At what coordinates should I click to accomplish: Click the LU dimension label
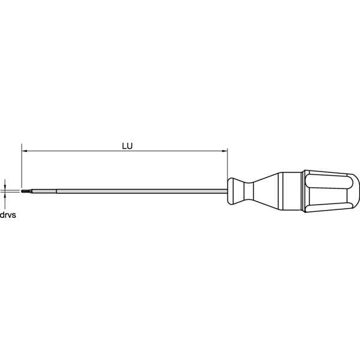click(126, 145)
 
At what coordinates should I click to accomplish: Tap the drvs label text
click(8, 214)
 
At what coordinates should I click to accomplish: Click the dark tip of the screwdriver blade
click(24, 191)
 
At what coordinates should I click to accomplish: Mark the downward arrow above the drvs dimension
click(5, 185)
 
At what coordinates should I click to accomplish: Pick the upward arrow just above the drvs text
click(5, 197)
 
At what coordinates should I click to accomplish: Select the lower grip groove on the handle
click(327, 206)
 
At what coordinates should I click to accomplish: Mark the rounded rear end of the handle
click(356, 191)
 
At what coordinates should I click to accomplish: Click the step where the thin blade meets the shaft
click(56, 191)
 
